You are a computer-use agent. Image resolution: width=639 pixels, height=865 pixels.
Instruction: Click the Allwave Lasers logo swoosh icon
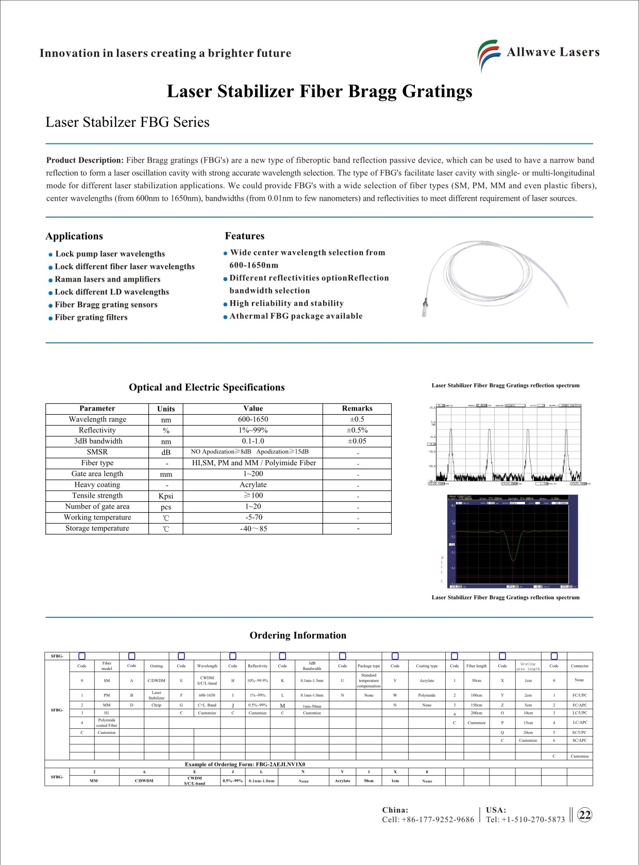488,54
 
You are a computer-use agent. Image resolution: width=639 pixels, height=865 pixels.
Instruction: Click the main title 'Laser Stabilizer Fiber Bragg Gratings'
320,91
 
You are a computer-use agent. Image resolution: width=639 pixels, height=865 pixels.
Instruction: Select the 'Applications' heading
74,236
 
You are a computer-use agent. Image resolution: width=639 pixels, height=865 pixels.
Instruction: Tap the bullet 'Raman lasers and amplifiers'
107,279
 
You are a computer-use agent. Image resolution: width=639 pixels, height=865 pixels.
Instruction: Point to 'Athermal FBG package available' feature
296,316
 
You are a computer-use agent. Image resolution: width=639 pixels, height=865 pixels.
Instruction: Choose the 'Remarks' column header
357,409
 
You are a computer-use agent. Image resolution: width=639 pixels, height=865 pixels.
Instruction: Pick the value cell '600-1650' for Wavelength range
253,419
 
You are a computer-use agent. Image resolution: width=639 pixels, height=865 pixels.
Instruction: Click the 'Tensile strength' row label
97,496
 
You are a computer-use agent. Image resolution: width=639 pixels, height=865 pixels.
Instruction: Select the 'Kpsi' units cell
166,496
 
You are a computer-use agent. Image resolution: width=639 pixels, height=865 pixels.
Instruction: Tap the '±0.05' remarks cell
357,441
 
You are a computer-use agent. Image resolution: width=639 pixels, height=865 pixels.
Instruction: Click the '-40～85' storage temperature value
253,529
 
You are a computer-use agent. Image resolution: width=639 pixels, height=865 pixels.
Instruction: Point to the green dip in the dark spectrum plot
513,556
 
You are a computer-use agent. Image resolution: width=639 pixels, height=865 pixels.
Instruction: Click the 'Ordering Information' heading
298,635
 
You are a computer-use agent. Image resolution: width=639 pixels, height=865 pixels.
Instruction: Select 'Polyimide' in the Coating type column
427,695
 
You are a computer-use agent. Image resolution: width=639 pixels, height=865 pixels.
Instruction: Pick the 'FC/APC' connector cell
579,705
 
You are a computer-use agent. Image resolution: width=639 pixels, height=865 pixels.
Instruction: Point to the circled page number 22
585,815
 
